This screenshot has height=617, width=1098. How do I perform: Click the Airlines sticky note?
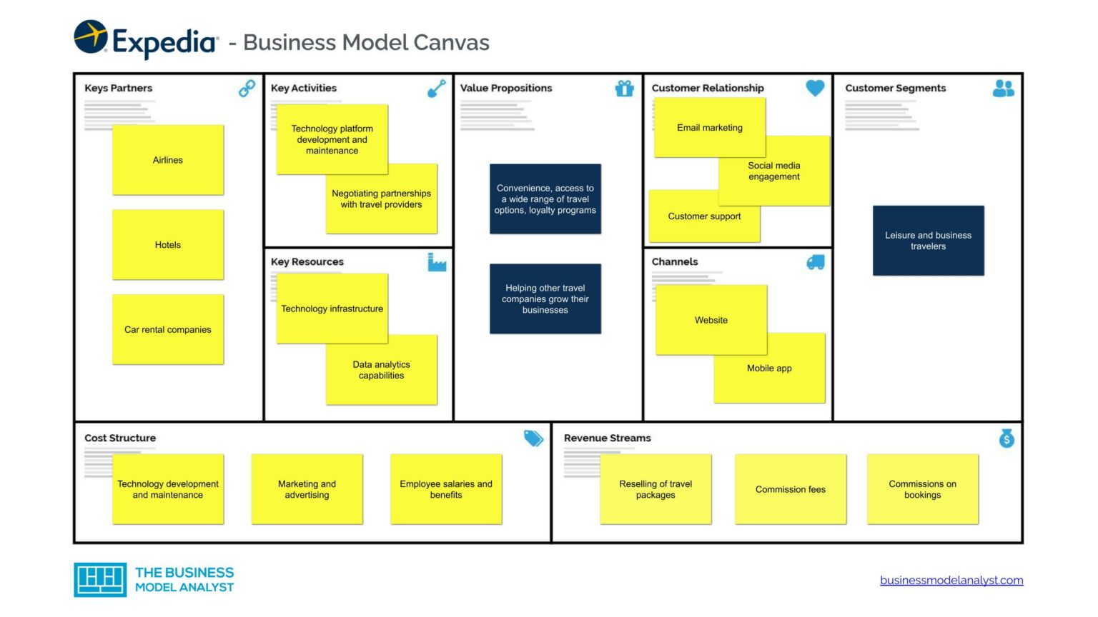point(168,160)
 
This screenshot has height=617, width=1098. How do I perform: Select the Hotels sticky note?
point(168,244)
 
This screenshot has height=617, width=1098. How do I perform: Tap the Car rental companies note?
point(168,329)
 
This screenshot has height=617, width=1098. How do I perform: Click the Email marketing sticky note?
point(709,127)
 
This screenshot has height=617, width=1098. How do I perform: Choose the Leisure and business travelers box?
point(928,241)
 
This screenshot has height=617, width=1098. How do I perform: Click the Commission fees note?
point(790,489)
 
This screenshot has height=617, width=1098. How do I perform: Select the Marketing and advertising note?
point(307,489)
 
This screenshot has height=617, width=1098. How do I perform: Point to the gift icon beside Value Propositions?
point(624,89)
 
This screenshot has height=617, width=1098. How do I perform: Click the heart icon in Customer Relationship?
point(815,88)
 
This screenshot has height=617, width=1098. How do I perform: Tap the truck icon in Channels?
point(815,262)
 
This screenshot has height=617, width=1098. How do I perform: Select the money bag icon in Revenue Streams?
point(1006,438)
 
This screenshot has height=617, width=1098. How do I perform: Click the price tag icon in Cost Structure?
point(533,438)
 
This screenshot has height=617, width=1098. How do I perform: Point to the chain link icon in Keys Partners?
point(247,89)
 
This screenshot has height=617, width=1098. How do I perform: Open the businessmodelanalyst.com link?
point(951,580)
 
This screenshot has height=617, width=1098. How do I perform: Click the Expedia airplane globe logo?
point(91,37)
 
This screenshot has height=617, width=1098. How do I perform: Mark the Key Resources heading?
point(307,261)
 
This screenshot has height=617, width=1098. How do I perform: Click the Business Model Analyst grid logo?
point(100,579)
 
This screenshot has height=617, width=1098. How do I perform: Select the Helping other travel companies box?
point(545,299)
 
